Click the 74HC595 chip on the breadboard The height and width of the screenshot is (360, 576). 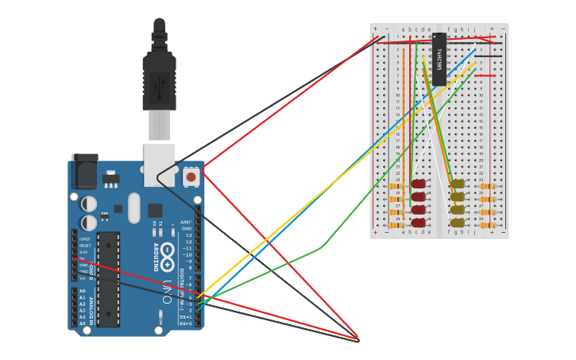pyautogui.click(x=439, y=59)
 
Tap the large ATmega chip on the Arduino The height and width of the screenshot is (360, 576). pyautogui.click(x=109, y=278)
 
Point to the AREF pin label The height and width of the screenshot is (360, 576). pyautogui.click(x=186, y=223)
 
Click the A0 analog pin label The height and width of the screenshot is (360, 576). pyautogui.click(x=82, y=291)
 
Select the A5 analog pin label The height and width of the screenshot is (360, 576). pyautogui.click(x=82, y=323)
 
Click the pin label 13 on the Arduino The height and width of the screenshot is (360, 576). pyautogui.click(x=187, y=235)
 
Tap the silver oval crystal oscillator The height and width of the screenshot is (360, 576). pyautogui.click(x=134, y=208)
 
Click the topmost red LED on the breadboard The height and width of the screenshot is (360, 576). pyautogui.click(x=418, y=184)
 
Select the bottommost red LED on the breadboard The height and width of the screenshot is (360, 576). pyautogui.click(x=418, y=223)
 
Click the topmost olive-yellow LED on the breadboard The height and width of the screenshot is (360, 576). pyautogui.click(x=457, y=184)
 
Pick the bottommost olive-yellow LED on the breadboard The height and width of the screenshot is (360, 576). pyautogui.click(x=457, y=223)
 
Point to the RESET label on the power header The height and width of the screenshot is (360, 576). pyautogui.click(x=84, y=246)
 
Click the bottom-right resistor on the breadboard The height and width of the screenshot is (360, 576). pyautogui.click(x=488, y=225)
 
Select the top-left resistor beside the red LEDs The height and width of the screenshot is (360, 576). pyautogui.click(x=396, y=187)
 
